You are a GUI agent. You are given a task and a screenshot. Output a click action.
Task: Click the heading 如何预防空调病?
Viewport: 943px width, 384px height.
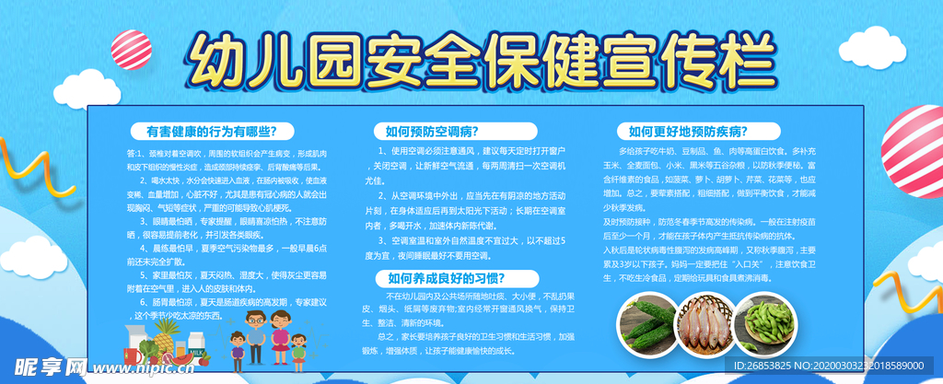click(x=432, y=131)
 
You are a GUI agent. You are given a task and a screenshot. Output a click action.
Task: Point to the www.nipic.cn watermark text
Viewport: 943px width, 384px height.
click(x=148, y=368)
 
